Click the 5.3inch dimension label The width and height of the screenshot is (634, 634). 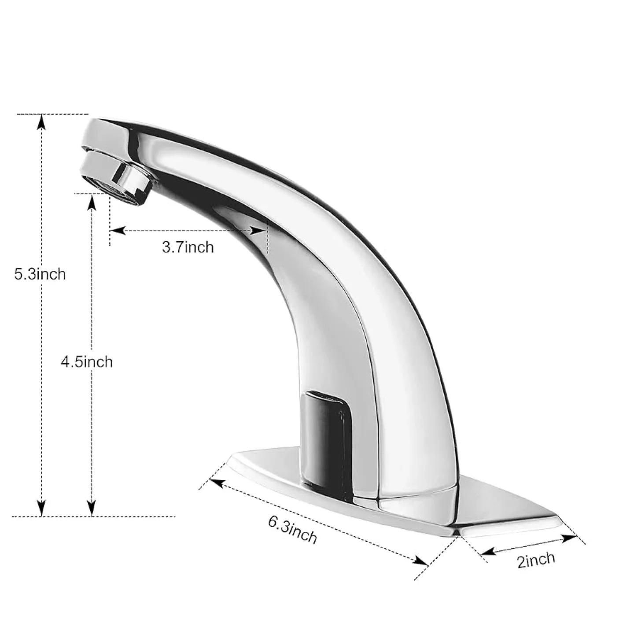tap(40, 274)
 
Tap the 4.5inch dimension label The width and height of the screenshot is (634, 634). tap(87, 362)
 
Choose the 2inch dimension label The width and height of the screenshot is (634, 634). tap(536, 560)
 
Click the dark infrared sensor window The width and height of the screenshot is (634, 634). tap(326, 423)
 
